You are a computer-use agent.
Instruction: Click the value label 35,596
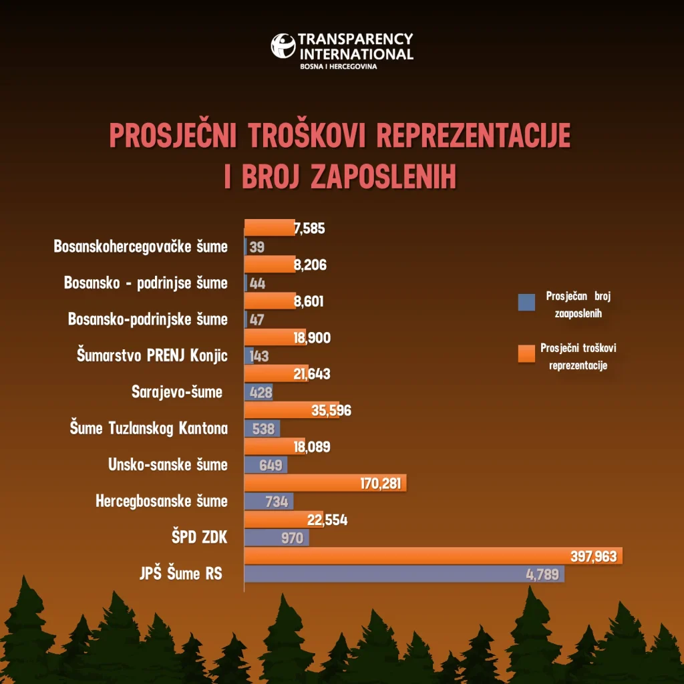(331, 410)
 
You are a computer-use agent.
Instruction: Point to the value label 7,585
(309, 228)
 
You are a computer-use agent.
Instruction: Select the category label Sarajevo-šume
(177, 392)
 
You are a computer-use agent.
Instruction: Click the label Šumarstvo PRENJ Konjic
(152, 355)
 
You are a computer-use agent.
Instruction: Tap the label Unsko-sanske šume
(168, 465)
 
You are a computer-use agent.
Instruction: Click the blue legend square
(527, 303)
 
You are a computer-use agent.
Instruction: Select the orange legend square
(527, 354)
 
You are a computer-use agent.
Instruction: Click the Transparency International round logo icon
(283, 46)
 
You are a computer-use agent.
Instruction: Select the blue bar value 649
(271, 465)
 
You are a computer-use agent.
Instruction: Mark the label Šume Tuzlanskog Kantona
(149, 428)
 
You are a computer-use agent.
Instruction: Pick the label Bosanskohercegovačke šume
(140, 246)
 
